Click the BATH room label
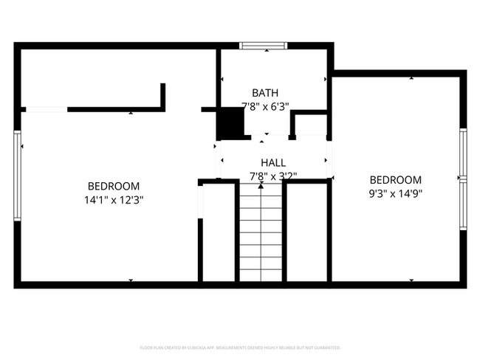265,93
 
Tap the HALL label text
273,163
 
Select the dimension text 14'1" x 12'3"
114,199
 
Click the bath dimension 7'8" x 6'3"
265,105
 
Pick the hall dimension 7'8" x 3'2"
273,176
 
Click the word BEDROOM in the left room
114,187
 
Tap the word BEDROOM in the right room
395,180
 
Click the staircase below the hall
260,232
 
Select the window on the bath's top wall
264,46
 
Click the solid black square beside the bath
231,122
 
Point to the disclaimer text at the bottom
240,347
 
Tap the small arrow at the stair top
260,187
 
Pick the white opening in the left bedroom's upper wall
47,110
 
